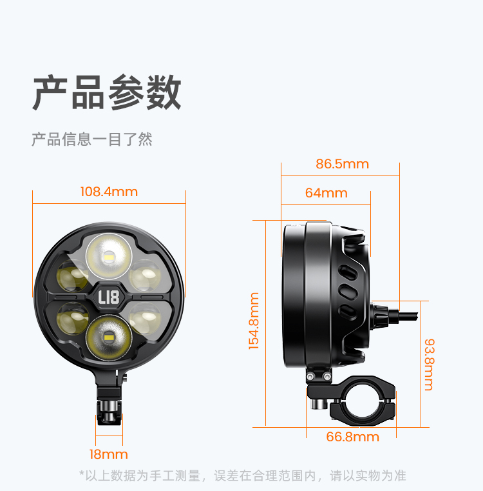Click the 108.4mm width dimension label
(109, 192)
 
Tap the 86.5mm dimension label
(343, 164)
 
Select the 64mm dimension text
(327, 193)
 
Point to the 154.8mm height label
(254, 321)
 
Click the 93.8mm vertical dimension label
(430, 365)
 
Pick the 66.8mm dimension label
(353, 437)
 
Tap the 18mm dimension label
(108, 454)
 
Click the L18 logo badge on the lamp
(108, 297)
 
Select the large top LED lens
(109, 257)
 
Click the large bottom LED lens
(109, 337)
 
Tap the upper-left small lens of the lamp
(72, 276)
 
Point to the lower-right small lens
(145, 319)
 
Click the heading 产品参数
(107, 93)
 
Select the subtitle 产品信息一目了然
(92, 139)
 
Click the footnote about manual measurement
(243, 476)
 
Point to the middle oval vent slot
(348, 292)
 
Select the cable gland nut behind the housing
(379, 316)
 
